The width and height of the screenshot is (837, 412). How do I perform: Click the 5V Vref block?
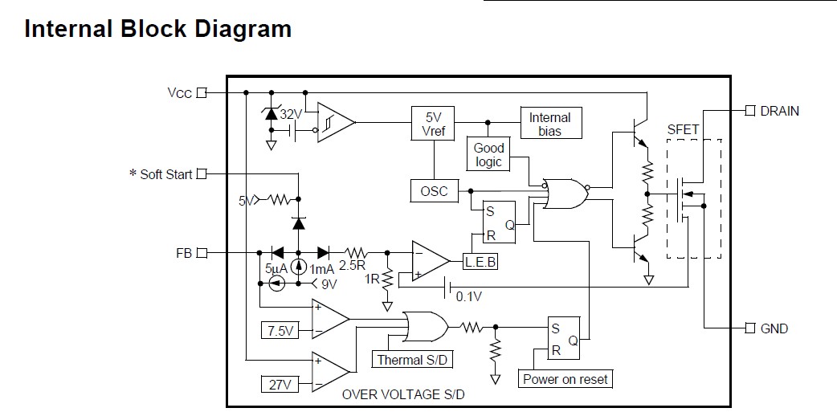click(x=433, y=123)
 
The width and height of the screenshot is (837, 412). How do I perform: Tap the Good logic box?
click(x=488, y=154)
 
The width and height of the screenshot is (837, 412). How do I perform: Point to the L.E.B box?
click(x=480, y=261)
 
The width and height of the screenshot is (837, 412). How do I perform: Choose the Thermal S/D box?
click(x=413, y=360)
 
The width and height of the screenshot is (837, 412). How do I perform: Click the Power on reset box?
click(x=565, y=379)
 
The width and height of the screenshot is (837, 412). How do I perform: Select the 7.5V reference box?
click(x=279, y=330)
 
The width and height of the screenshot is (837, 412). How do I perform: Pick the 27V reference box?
click(x=279, y=385)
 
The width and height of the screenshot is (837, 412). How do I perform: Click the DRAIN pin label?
click(x=779, y=111)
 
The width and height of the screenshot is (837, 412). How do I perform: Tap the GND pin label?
click(x=774, y=328)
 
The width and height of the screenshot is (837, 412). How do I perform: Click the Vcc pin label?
click(x=179, y=92)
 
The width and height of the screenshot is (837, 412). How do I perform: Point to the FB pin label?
click(x=184, y=253)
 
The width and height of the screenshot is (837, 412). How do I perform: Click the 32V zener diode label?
click(x=291, y=114)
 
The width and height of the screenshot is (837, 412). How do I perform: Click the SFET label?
click(x=683, y=130)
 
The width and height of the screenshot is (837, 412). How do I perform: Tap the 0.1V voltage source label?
click(x=469, y=296)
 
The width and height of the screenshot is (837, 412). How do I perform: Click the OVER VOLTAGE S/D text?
click(x=403, y=394)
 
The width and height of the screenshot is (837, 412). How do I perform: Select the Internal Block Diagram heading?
click(x=157, y=30)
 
